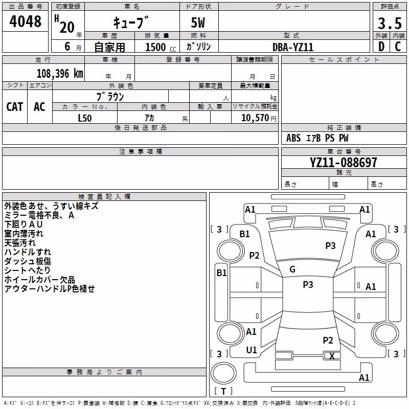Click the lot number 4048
pos(25,21)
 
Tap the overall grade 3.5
pos(390,23)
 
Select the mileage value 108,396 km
pos(60,74)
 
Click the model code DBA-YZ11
pos(292,47)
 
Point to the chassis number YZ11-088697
pos(344,162)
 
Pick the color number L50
pos(85,118)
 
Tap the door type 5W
pos(198,22)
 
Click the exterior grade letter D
pos(381,47)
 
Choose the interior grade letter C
pos(398,47)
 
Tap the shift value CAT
pos(15,107)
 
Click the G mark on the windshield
pos(292,269)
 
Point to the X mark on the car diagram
pos(332,356)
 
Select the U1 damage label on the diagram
pos(252,350)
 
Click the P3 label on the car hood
pos(330,245)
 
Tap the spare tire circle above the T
pos(223,373)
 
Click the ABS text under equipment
pos(293,138)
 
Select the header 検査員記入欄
pos(104,197)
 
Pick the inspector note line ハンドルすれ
pos(28,252)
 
